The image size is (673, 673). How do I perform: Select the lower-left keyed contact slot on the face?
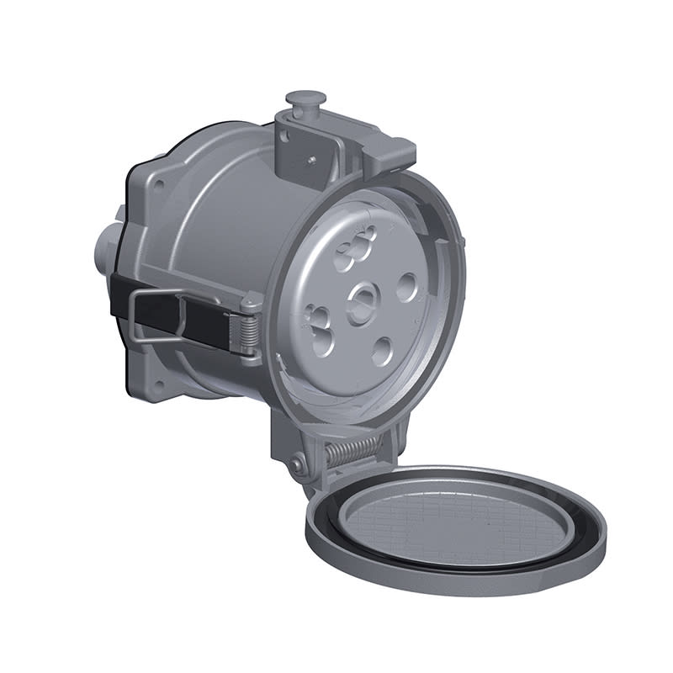coord(321,329)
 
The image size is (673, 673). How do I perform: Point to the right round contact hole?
coord(408,288)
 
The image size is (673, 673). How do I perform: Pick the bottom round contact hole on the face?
coord(384,350)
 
